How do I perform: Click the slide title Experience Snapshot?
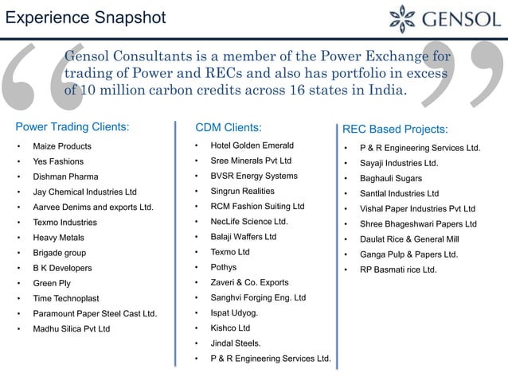[86, 17]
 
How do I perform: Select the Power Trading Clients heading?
[73, 126]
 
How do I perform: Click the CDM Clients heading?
[229, 126]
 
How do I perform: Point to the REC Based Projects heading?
[395, 129]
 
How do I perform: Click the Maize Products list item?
[62, 147]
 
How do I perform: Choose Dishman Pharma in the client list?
[65, 177]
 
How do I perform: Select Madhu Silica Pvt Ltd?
[72, 328]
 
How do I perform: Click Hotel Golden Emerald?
[252, 145]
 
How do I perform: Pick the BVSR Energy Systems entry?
[253, 176]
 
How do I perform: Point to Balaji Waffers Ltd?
[243, 237]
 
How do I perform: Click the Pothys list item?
[223, 268]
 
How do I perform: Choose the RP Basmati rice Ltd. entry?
[398, 270]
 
